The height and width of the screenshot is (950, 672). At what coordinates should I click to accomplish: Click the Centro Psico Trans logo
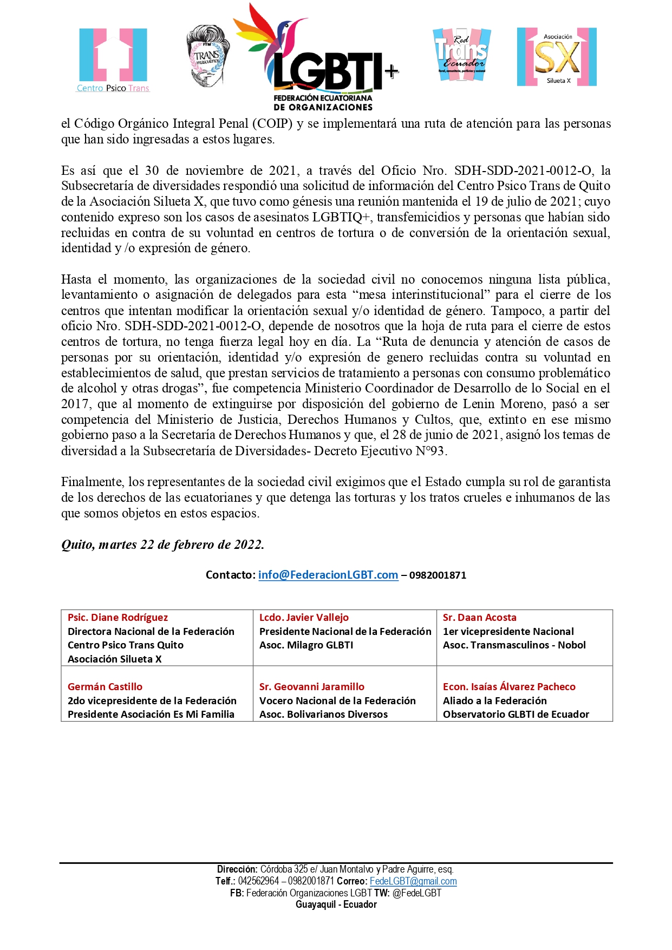(113, 60)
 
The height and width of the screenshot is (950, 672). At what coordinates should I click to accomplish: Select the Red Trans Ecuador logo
(462, 55)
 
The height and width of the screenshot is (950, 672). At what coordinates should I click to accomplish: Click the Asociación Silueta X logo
(557, 57)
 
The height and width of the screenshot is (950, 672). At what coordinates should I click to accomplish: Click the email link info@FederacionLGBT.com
(328, 575)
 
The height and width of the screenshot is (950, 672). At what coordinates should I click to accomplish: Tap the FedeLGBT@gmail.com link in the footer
(413, 881)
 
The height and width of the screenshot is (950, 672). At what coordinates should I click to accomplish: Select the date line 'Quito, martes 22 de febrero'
(162, 545)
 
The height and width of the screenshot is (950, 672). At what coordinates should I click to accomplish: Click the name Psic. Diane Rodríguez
(118, 618)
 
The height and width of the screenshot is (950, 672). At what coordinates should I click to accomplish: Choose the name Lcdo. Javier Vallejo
(304, 618)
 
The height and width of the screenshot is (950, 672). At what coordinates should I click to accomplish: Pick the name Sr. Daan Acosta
(479, 618)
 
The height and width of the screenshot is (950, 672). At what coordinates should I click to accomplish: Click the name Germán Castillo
(105, 686)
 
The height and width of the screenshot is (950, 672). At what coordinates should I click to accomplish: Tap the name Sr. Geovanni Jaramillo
(311, 686)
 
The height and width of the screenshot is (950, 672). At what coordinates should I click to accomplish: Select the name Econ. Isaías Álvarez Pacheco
(509, 686)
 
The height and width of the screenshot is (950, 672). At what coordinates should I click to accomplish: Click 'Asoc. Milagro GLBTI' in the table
(306, 645)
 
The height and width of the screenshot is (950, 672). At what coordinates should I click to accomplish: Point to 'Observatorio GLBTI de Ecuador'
(516, 715)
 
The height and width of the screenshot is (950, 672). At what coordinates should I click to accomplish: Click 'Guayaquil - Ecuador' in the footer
(336, 905)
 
